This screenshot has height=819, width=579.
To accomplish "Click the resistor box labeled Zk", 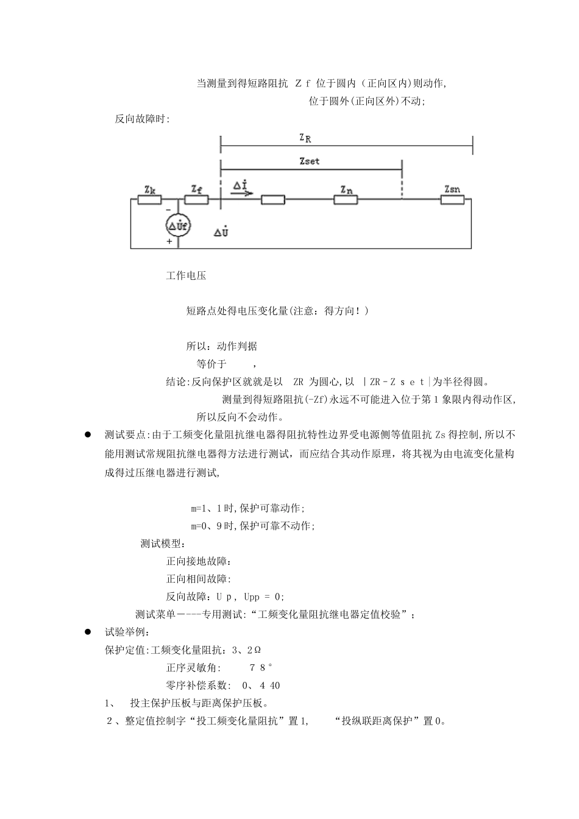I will point(150,199).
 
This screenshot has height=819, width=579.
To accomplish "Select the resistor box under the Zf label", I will point(196,199).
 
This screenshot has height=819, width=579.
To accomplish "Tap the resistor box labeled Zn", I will point(346,199).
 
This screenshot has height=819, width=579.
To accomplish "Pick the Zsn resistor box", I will point(452,199).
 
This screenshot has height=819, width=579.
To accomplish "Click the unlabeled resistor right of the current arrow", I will point(272,199).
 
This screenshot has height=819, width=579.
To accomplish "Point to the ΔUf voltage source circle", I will point(179,226).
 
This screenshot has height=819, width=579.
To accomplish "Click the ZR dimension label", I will point(305,138).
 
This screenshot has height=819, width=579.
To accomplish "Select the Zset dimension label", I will point(310,161).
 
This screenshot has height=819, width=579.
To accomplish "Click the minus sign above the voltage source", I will point(169,210).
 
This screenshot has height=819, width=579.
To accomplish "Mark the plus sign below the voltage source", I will point(169,241).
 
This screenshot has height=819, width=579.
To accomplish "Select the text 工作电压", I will point(186,276).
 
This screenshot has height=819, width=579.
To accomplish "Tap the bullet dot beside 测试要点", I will point(88,434).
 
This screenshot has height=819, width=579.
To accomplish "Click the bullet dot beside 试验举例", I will point(88,633).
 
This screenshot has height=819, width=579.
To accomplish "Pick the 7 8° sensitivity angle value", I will point(261,668).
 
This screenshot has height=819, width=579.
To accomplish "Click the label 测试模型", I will point(163,544).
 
